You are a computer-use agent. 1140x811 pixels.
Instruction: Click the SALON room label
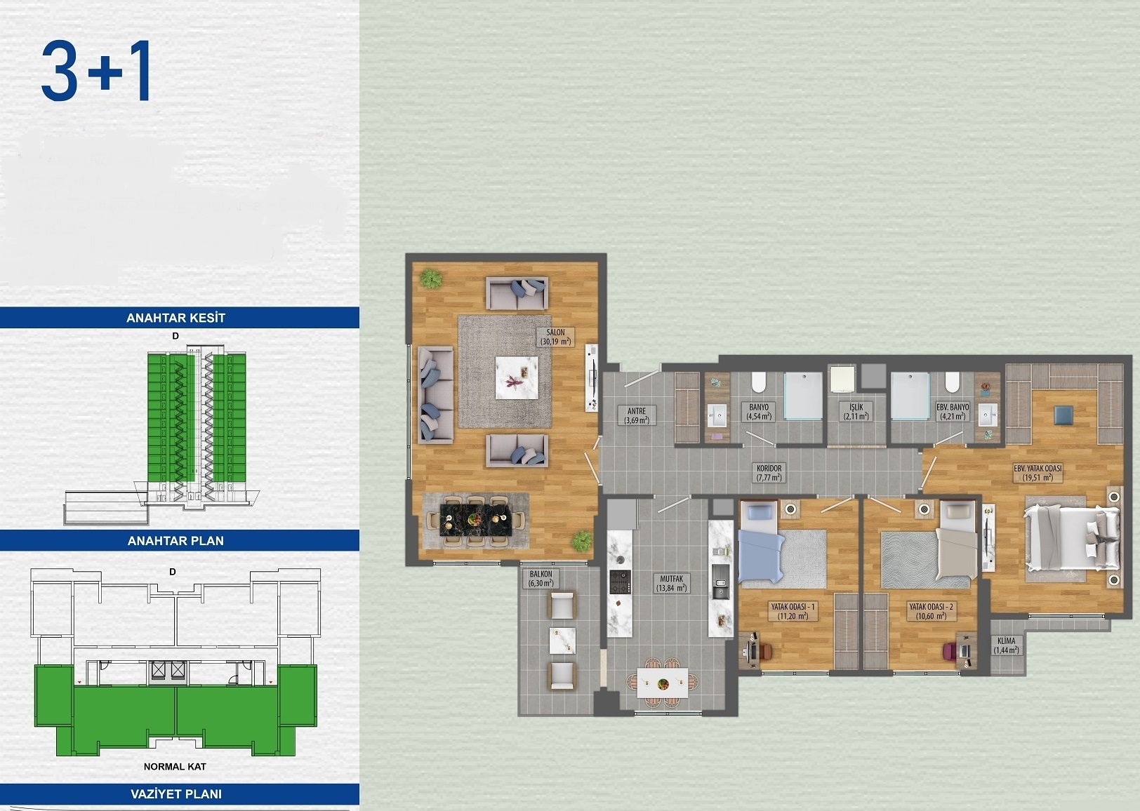point(555,337)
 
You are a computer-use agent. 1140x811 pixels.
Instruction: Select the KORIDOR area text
point(769,473)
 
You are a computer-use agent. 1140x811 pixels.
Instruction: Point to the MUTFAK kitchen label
point(671,584)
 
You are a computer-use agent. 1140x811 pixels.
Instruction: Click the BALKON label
point(541,578)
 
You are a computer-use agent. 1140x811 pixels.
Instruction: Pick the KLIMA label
point(1006,645)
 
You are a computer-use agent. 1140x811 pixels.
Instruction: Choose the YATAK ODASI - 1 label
point(793,611)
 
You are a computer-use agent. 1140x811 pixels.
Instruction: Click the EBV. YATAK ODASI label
point(1038,473)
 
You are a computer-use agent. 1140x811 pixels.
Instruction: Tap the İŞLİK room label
point(856,411)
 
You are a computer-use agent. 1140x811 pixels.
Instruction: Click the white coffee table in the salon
point(517,378)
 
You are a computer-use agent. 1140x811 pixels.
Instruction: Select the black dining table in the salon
point(475,521)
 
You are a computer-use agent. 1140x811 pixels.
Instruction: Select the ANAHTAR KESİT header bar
point(176,318)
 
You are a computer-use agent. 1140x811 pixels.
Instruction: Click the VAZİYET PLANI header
point(176,794)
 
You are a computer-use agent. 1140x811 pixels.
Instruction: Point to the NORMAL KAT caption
point(175,767)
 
